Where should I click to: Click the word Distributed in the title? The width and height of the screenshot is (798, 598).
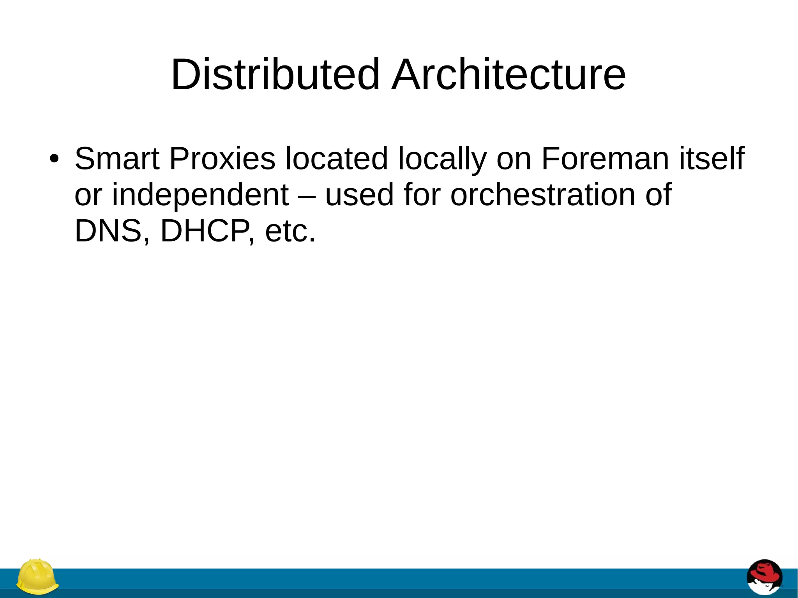[x=275, y=74]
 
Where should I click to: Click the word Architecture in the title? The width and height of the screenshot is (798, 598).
[x=508, y=74]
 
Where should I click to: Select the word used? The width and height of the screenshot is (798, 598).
[x=359, y=194]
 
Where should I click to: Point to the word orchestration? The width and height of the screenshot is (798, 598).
[x=542, y=194]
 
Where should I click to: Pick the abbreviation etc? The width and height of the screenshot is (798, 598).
[x=290, y=231]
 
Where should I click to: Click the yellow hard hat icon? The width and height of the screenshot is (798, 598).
[x=37, y=577]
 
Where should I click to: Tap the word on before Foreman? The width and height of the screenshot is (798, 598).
[x=514, y=159]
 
